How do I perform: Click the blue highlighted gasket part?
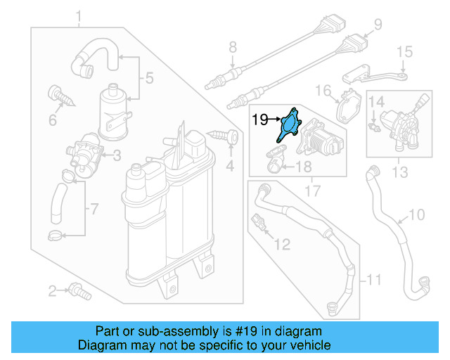click(289, 125)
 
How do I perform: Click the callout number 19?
click(259, 120)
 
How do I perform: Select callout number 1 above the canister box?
click(79, 16)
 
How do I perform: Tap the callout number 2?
click(52, 290)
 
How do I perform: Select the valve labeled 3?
click(82, 155)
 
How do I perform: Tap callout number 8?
click(233, 49)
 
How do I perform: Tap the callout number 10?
click(416, 214)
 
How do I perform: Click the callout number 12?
click(281, 245)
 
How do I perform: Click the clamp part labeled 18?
click(274, 164)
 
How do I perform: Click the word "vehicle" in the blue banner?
click(304, 345)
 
